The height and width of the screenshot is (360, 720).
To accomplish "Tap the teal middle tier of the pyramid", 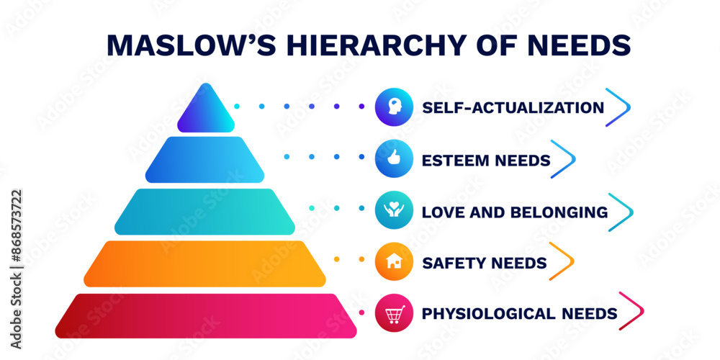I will [204, 212].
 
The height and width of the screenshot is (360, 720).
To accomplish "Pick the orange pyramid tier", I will [204, 264].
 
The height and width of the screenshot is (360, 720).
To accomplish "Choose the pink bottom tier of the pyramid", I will [206, 315].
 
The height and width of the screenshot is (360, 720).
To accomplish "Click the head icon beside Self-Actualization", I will [394, 107].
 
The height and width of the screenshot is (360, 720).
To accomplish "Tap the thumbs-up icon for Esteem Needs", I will [394, 159].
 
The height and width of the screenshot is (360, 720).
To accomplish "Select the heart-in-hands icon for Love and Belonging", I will [394, 212].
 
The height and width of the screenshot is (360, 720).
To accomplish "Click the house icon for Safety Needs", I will [394, 262].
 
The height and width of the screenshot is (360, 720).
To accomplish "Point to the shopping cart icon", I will [394, 314].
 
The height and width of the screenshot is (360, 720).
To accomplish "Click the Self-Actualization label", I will [513, 108].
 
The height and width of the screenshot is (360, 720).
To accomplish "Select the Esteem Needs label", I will [486, 160].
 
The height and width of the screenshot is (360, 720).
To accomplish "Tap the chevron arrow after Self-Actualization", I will [618, 107].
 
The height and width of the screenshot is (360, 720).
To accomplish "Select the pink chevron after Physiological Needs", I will [631, 312].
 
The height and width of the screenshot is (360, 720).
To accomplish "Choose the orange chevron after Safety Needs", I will [562, 262].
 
